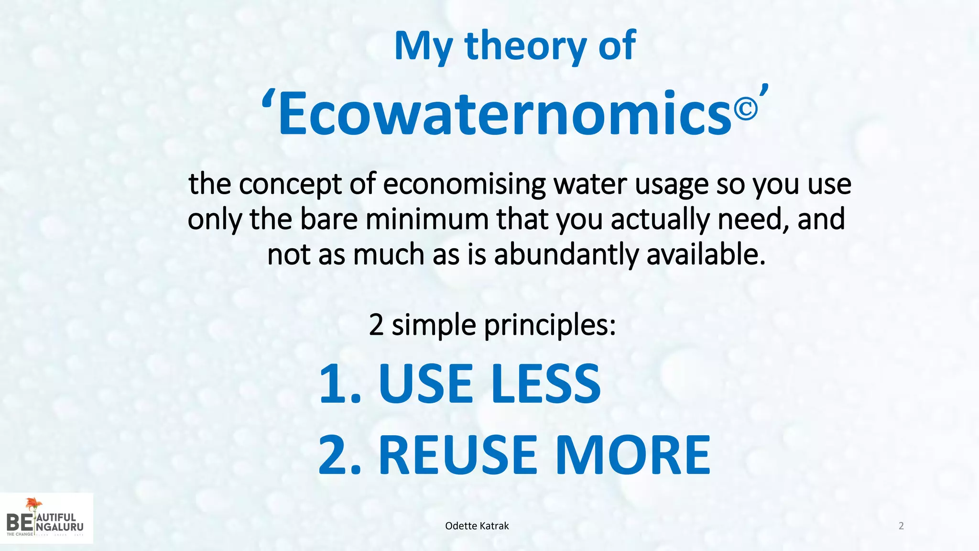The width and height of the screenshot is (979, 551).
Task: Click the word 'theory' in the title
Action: pyautogui.click(x=525, y=46)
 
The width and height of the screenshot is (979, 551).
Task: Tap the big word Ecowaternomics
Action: pyautogui.click(x=504, y=114)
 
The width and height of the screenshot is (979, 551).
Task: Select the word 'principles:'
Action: pyautogui.click(x=550, y=325)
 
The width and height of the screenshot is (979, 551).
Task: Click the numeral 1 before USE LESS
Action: pyautogui.click(x=334, y=384)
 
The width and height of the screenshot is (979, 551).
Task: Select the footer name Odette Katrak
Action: pyautogui.click(x=477, y=526)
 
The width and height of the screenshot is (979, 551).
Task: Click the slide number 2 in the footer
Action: pyautogui.click(x=901, y=526)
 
